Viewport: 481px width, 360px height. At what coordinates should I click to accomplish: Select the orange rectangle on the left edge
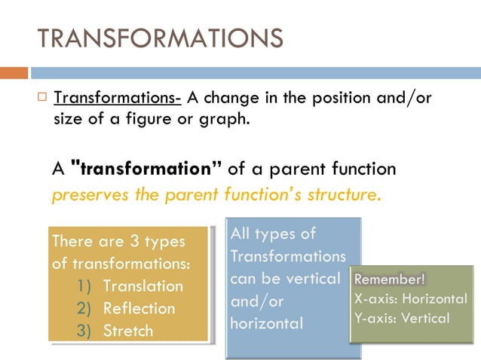click(x=14, y=73)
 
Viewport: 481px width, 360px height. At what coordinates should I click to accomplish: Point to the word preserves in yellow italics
click(x=83, y=194)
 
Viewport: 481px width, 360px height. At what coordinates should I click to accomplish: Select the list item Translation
click(x=142, y=286)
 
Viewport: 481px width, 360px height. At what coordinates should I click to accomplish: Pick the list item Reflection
click(x=139, y=308)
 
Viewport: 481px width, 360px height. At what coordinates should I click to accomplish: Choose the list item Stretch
click(x=127, y=331)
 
